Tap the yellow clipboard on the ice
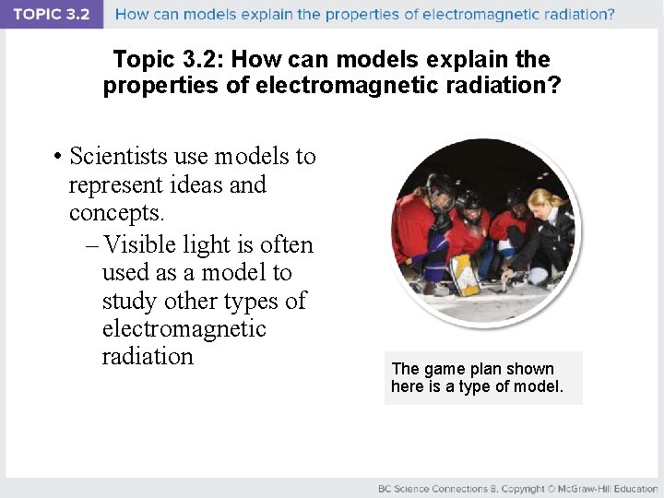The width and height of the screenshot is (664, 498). tap(463, 273)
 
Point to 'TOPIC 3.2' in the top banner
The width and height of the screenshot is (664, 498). tap(52, 15)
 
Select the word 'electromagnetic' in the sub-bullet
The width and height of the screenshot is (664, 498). tap(184, 328)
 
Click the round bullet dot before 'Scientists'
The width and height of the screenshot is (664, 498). tap(57, 158)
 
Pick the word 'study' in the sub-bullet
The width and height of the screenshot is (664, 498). tap(130, 301)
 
